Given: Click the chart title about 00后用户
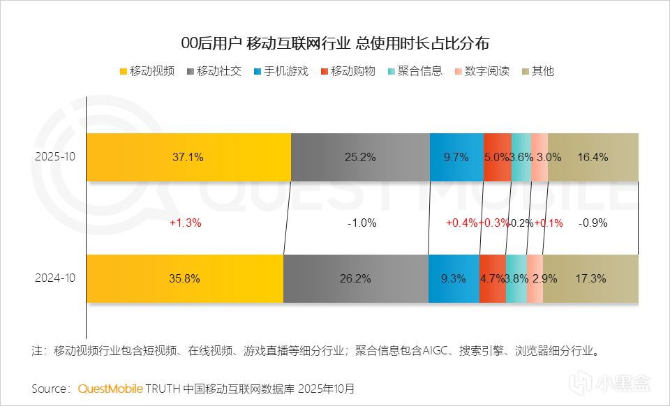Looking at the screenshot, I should (335, 43).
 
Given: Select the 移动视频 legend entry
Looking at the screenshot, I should (147, 71).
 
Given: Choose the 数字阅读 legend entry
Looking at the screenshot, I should (482, 71).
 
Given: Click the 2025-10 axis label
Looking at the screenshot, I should (54, 157).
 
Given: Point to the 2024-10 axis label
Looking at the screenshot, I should (54, 278).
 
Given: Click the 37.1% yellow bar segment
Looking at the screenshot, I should (188, 157).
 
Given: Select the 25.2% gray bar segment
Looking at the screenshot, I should (360, 157).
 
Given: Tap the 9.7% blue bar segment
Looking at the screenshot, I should (456, 157).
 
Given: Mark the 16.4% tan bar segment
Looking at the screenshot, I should (593, 157).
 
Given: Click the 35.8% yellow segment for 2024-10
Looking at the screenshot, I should (184, 278).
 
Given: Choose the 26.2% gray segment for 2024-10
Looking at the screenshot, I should (356, 278).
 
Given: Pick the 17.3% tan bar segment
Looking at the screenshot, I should (590, 278).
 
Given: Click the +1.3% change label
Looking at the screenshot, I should (186, 223).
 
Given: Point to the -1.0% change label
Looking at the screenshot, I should (362, 223).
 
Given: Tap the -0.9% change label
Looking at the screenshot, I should (593, 223).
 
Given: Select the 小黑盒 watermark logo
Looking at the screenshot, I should (612, 384).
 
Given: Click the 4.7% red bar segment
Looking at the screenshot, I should (492, 278).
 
